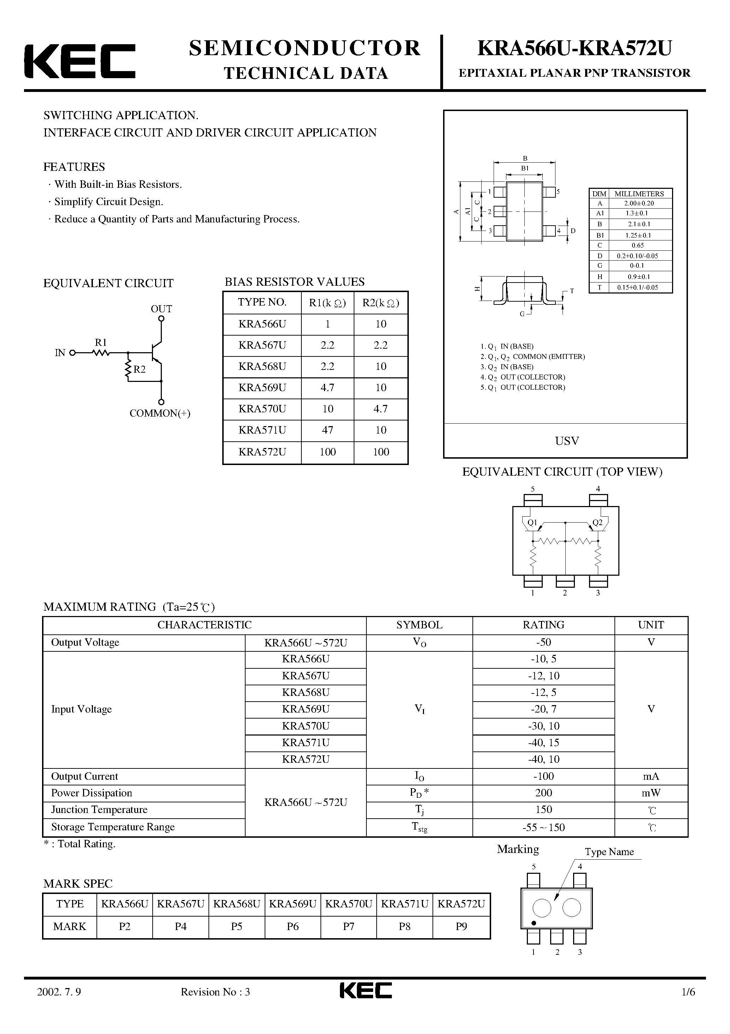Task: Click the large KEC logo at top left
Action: (80, 61)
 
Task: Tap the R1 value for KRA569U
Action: (327, 388)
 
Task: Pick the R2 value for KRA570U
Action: (381, 409)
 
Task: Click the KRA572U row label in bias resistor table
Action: (262, 452)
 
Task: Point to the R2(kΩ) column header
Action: (381, 303)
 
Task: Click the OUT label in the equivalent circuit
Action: (161, 309)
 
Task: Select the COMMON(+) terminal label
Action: (160, 413)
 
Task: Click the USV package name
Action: (567, 441)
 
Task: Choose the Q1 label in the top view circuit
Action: (532, 522)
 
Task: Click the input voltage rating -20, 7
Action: (543, 709)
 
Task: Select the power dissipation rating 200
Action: (543, 793)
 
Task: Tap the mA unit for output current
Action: (651, 777)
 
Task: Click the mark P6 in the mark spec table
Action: (293, 926)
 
